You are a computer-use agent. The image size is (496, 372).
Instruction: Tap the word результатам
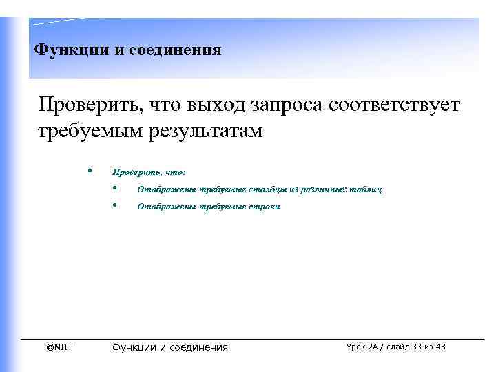point(207,130)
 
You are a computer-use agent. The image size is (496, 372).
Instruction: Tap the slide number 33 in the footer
point(413,347)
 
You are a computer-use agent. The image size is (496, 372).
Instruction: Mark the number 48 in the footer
point(440,347)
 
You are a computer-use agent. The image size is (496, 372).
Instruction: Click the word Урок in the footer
point(358,347)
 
